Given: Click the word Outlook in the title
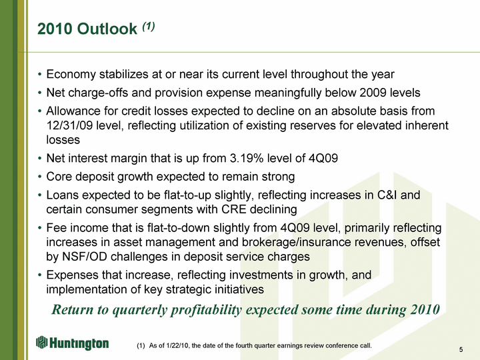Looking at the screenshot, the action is [x=107, y=29].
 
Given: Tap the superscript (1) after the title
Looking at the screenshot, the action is [x=149, y=26].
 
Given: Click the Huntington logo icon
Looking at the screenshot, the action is [x=41, y=342].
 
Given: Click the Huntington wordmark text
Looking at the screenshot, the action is [x=79, y=343].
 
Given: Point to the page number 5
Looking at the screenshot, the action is [x=461, y=349].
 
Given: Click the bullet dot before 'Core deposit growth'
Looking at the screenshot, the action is [x=39, y=177].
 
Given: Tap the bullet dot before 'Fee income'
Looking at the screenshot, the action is [x=39, y=228].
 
